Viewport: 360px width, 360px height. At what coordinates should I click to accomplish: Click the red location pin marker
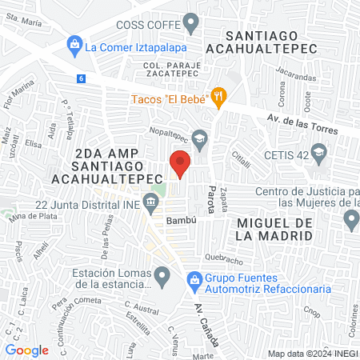pos(180,165)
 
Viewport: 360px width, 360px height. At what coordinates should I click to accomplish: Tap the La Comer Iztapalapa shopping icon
pos(74,45)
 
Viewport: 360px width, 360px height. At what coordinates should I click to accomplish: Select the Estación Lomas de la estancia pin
pos(162,278)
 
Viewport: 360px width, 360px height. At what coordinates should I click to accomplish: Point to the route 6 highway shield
pos(81,78)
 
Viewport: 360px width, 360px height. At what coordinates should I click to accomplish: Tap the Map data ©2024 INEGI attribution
pos(312,353)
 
